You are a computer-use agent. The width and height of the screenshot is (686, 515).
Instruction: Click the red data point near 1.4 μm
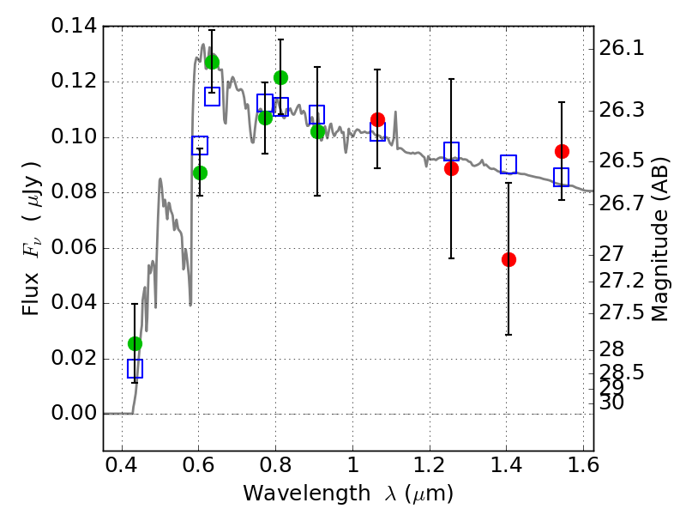point(508,259)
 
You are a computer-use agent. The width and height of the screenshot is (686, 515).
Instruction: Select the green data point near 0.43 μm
point(135,343)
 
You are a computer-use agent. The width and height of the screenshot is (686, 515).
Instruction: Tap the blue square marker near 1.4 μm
point(508,164)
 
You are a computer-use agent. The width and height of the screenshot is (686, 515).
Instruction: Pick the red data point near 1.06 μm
point(377,119)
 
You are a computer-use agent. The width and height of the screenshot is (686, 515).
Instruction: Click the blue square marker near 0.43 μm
point(135,368)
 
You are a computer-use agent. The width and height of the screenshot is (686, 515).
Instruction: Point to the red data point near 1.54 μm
point(562,151)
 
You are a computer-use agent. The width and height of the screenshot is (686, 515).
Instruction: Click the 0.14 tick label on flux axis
point(75,27)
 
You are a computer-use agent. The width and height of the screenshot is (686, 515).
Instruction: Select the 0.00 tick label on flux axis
point(75,414)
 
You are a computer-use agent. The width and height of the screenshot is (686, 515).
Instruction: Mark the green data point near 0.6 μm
point(200,173)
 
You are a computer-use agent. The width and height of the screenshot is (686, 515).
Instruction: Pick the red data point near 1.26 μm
point(451,168)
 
